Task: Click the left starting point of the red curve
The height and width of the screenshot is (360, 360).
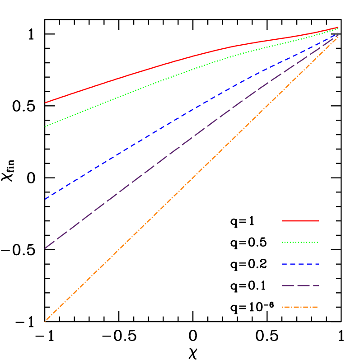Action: coord(45,103)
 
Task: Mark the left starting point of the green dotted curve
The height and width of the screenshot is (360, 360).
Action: coord(45,126)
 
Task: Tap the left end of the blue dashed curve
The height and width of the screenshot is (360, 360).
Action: coord(45,199)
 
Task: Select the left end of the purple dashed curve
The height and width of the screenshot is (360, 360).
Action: coord(45,248)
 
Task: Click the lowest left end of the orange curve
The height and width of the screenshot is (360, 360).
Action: coord(45,321)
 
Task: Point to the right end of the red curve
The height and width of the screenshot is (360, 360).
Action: coord(338,27)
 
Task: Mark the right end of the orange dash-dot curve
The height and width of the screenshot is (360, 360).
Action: coord(338,36)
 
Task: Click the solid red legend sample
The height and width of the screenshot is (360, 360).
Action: coord(300,221)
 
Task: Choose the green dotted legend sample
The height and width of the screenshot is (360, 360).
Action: coord(300,243)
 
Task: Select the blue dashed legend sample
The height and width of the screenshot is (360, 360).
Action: coord(300,264)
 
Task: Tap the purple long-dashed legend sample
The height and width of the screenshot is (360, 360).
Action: coord(300,285)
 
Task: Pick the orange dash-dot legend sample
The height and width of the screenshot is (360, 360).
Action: coord(300,307)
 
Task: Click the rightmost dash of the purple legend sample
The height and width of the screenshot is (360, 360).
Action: coord(314,285)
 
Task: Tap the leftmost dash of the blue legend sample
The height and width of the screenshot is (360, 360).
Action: coord(284,264)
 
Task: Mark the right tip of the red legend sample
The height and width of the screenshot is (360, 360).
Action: coord(318,221)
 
